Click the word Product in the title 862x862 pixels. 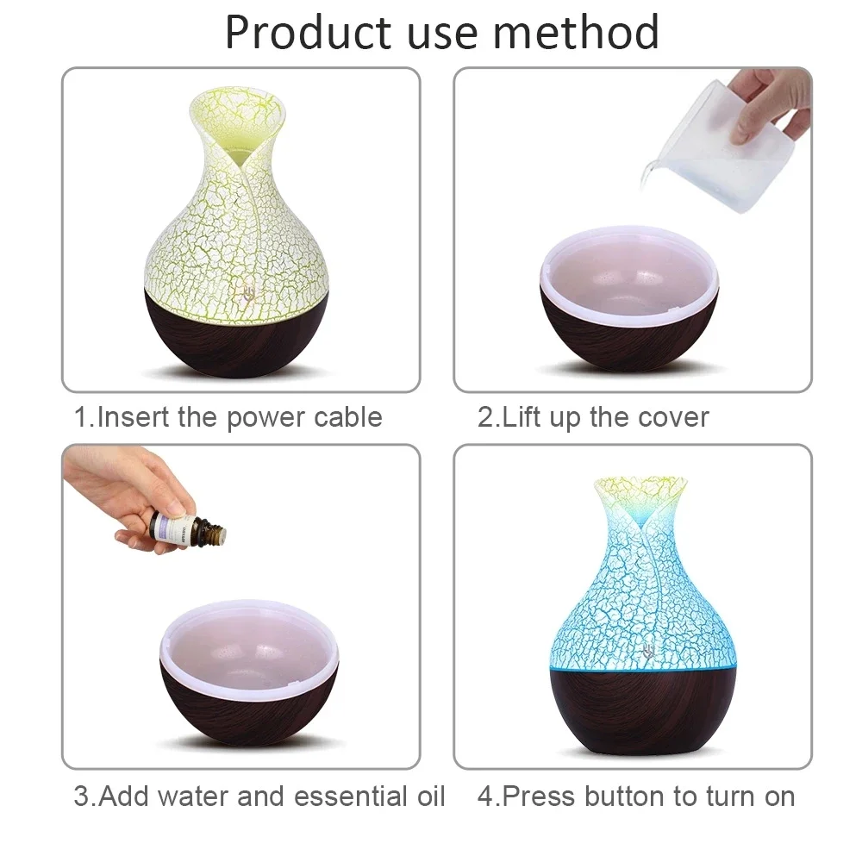click(307, 33)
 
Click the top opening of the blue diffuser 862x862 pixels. click(641, 484)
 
